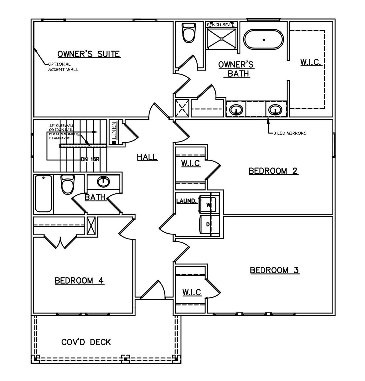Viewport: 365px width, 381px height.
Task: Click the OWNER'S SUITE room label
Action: (88, 54)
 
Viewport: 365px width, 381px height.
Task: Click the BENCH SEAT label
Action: (220, 25)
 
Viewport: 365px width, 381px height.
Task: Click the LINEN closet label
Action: (114, 130)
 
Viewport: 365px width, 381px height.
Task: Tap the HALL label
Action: (147, 157)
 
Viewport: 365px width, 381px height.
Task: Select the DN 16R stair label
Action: (90, 160)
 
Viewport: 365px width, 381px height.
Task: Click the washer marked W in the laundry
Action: (208, 204)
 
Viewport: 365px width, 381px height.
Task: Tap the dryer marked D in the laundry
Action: (208, 225)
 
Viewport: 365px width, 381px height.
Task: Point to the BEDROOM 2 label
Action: (273, 171)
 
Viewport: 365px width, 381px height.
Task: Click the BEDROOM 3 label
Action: (274, 270)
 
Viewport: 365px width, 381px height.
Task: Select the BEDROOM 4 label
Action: (80, 280)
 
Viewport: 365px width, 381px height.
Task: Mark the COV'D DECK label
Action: (86, 342)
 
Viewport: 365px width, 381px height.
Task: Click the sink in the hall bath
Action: (103, 181)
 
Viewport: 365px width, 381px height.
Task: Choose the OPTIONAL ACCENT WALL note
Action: (63, 67)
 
